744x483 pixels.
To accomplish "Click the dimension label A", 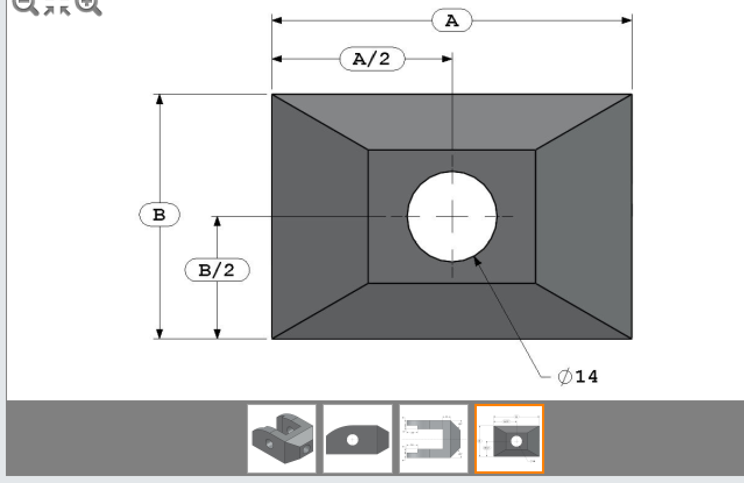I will (452, 21).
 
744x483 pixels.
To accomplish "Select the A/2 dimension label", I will (372, 59).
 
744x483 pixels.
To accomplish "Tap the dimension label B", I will (159, 215).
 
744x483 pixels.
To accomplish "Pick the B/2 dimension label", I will (217, 271).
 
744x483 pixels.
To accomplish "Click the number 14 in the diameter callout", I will (586, 377).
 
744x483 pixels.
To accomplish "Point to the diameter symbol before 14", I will (565, 377).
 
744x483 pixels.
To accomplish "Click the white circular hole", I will (452, 216).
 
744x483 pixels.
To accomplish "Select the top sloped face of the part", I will (452, 122).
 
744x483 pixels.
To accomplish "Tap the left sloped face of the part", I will (320, 216).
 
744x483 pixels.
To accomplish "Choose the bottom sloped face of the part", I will (452, 311).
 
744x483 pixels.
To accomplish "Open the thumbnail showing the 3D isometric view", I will (282, 439).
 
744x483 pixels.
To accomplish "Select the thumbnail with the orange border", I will (509, 439).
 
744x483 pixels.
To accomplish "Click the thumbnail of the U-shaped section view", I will (433, 439).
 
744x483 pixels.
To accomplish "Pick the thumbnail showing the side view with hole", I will (357, 439).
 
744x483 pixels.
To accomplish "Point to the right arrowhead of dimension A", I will (626, 21).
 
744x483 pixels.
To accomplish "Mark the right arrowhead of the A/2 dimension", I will (447, 59).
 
